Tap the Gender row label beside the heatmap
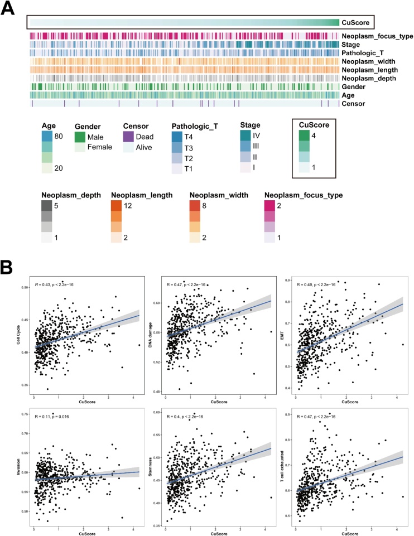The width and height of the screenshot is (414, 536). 357,86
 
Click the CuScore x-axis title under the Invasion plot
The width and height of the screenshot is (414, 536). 84,527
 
